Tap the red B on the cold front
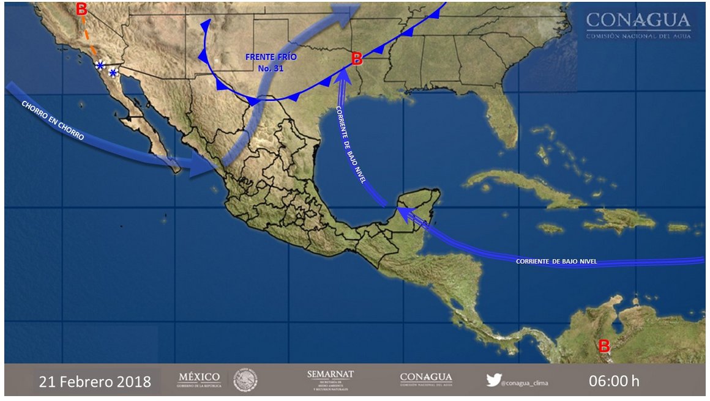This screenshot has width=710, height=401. [357, 59]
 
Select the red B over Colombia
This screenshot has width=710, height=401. [604, 347]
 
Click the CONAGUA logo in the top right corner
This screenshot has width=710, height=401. [638, 25]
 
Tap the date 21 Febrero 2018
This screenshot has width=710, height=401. [95, 382]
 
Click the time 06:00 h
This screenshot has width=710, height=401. [614, 381]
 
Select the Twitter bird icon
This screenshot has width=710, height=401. [493, 380]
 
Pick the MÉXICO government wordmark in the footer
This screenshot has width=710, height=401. [199, 380]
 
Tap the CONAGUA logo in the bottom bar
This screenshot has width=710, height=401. [426, 380]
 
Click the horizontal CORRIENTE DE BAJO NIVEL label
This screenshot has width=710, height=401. [556, 262]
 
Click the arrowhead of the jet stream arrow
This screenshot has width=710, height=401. [203, 165]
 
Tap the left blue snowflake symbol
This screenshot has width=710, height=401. [100, 65]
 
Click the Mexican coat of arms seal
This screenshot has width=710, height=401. [245, 380]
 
